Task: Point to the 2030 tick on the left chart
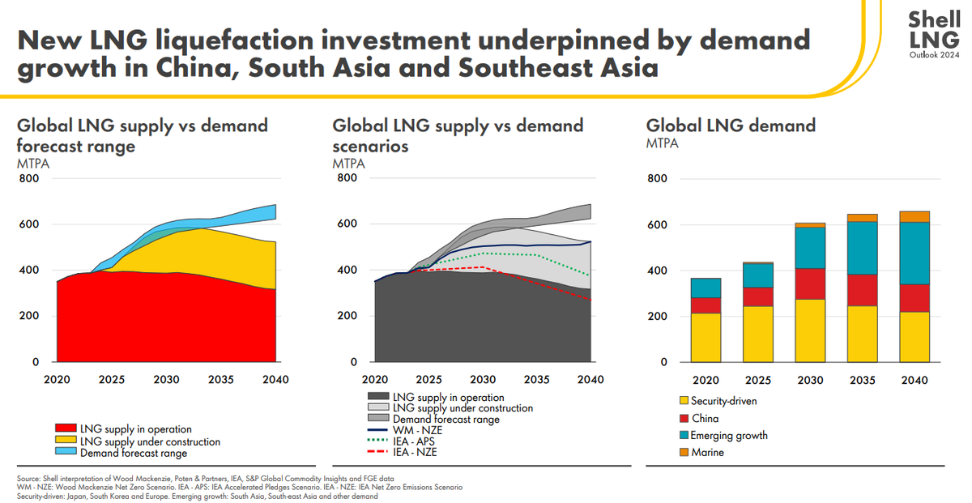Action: click(166, 379)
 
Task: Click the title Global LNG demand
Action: click(730, 126)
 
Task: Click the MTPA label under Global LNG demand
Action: click(662, 144)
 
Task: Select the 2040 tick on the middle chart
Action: click(589, 379)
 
